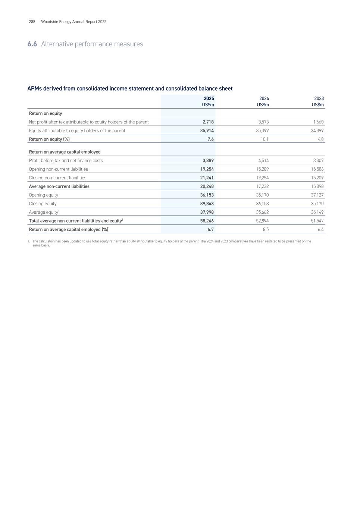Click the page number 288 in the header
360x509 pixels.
[x=32, y=22]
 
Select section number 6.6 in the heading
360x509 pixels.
[x=32, y=44]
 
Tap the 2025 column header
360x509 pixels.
[x=209, y=98]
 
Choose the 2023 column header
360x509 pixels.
[x=319, y=98]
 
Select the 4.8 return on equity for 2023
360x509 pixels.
[x=320, y=139]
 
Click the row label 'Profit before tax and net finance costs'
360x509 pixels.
[x=66, y=160]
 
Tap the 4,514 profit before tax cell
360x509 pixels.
[x=263, y=160]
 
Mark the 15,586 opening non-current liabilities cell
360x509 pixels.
[x=317, y=169]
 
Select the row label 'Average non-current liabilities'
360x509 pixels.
[x=59, y=186]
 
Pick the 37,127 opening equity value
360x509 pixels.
[x=317, y=195]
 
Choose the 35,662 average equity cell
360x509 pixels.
[x=262, y=212]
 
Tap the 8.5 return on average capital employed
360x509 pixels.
[x=266, y=229]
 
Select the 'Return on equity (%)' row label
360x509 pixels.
[x=49, y=139]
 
